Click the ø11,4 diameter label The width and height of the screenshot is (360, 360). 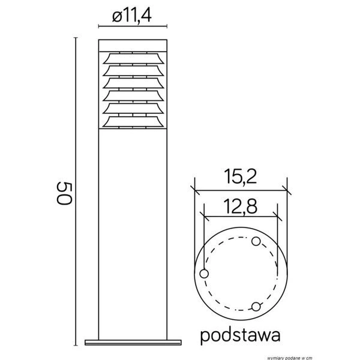tap(131, 17)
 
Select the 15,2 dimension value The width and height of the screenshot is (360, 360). tap(242, 176)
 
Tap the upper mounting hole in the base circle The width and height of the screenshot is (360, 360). tap(256, 241)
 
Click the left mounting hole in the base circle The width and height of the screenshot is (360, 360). tap(204, 274)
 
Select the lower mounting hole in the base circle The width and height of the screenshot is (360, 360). tap(256, 307)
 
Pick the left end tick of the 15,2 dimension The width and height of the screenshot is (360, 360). tap(194, 190)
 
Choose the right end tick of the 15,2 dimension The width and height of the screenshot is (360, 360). tap(287, 190)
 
